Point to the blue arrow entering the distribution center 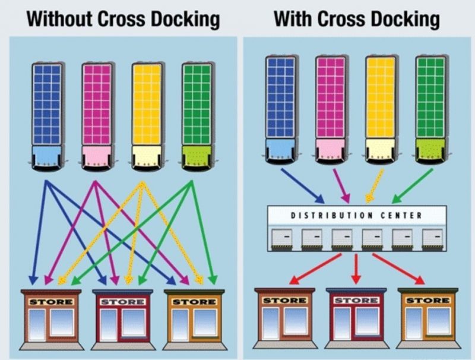point(303,185)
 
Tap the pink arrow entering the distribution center point(340,185)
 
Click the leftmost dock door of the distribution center point(281,239)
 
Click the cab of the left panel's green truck point(198,156)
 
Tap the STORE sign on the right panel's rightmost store point(427,301)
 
